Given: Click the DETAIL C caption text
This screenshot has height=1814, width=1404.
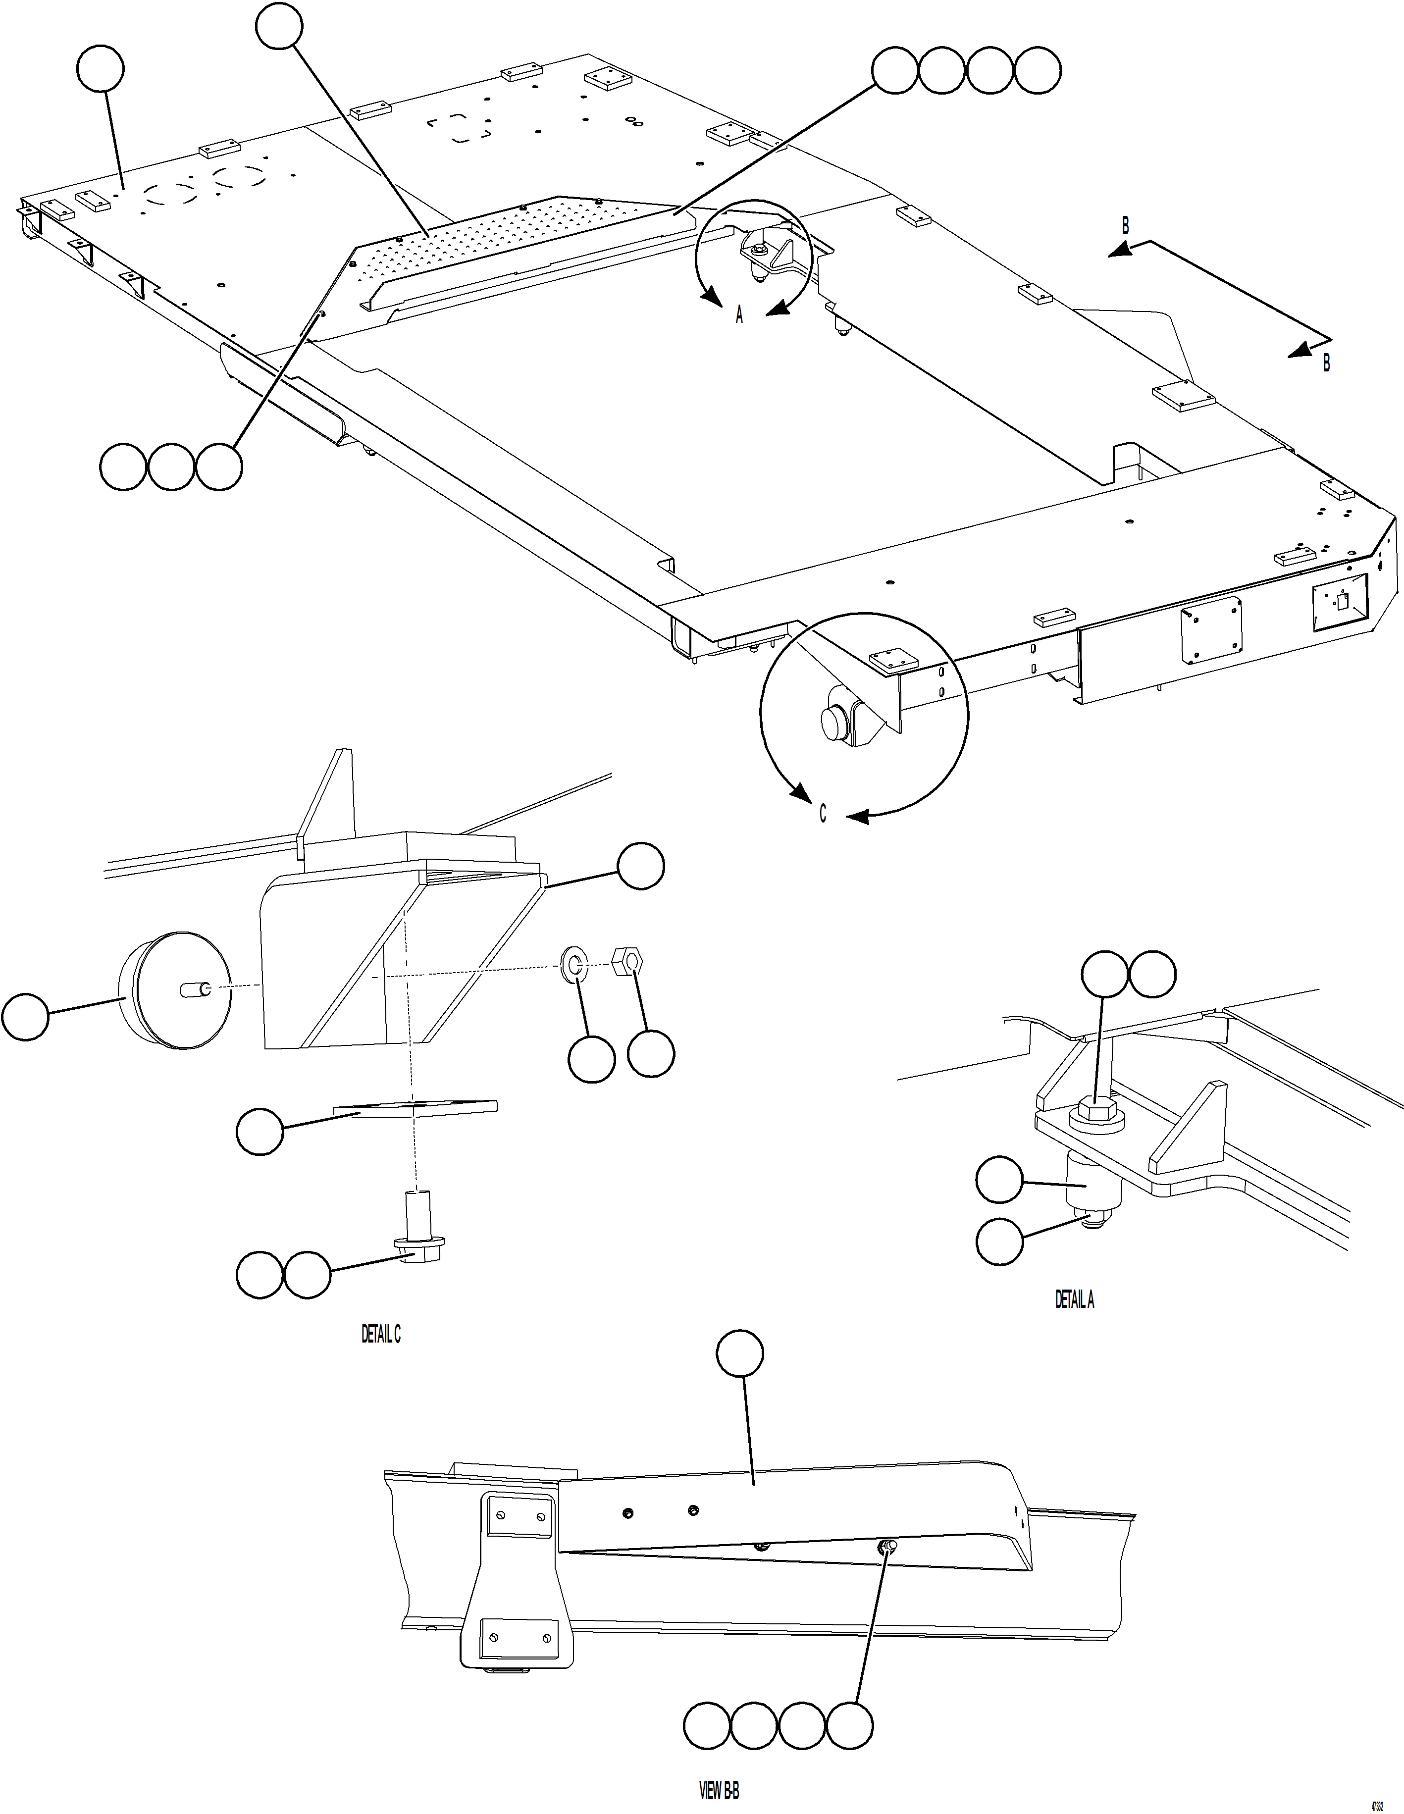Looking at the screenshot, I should tap(380, 1335).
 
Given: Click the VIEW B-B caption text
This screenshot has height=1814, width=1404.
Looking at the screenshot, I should tap(719, 1791).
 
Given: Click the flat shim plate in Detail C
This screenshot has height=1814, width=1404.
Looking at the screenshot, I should tap(416, 1108).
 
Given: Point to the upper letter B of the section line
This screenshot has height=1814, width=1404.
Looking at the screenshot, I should tap(1126, 225).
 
